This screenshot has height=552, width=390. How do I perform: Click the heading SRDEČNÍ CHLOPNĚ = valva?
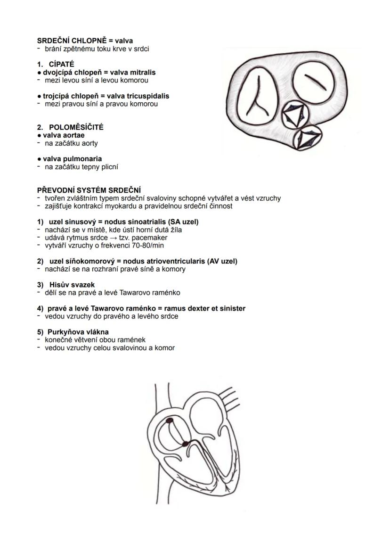coord(85,41)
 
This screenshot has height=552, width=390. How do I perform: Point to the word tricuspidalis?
coord(148,96)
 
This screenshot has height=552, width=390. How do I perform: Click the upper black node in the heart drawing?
coord(169,419)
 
